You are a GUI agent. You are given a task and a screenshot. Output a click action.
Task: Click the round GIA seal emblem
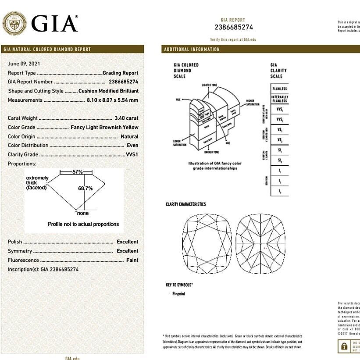coord(14,23)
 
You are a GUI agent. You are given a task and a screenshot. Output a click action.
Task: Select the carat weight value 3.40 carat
coord(126,118)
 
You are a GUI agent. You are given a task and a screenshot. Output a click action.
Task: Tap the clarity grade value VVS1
coord(132,154)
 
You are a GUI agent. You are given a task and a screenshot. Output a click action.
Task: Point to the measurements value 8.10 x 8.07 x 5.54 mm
coord(110,100)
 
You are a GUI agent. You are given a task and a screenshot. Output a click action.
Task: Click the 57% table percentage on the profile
coord(78,172)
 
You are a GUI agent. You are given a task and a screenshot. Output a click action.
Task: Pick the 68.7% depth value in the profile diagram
coord(85,188)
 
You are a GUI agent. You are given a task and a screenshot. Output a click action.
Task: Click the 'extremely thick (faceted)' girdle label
coord(37,183)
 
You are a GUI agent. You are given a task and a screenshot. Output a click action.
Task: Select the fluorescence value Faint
coord(132,260)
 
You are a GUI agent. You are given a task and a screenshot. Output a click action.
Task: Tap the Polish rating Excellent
coord(127,242)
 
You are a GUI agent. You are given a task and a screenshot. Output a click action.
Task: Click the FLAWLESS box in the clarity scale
coord(279,89)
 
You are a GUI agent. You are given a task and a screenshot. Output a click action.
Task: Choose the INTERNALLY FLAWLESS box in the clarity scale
coord(279,99)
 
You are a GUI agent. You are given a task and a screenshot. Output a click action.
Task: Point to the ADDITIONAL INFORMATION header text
coord(192,50)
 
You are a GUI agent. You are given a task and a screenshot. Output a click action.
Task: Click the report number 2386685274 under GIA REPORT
coord(233,27)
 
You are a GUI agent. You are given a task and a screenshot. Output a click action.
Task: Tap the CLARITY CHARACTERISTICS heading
coord(185,204)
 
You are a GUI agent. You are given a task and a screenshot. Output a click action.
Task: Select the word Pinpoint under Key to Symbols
coord(178,294)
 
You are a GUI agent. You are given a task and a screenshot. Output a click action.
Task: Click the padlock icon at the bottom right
coord(344,346)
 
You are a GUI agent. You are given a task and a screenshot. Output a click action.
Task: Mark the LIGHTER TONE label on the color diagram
coord(210,84)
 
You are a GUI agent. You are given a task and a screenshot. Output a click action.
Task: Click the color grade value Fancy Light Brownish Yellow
coord(104,127)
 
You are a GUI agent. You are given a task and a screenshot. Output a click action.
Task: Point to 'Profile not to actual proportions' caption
coord(83,224)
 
